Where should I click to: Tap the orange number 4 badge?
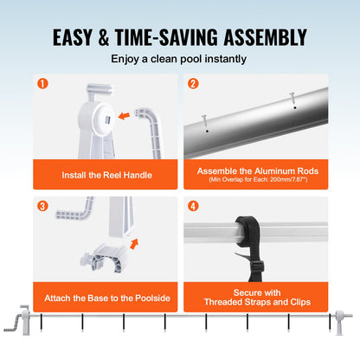[x=192, y=207]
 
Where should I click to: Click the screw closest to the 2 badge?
[x=205, y=121]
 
